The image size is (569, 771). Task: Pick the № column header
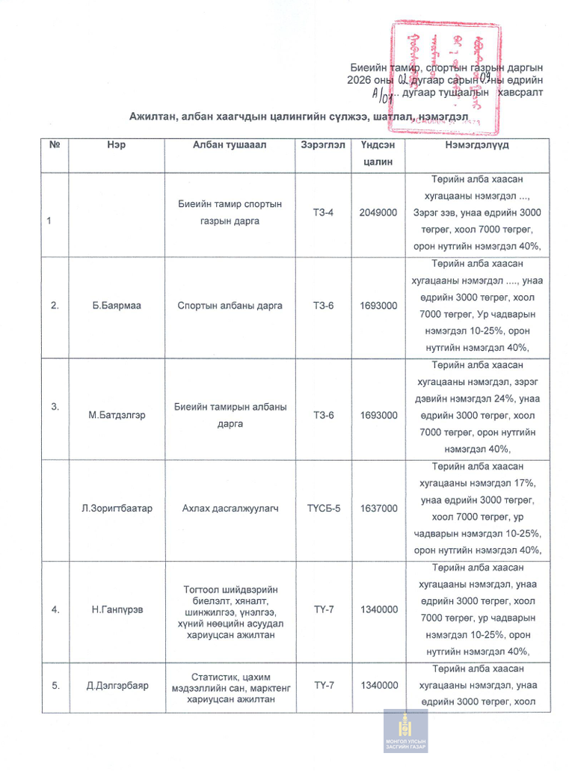pyautogui.click(x=54, y=145)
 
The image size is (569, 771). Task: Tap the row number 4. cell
pyautogui.click(x=55, y=609)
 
